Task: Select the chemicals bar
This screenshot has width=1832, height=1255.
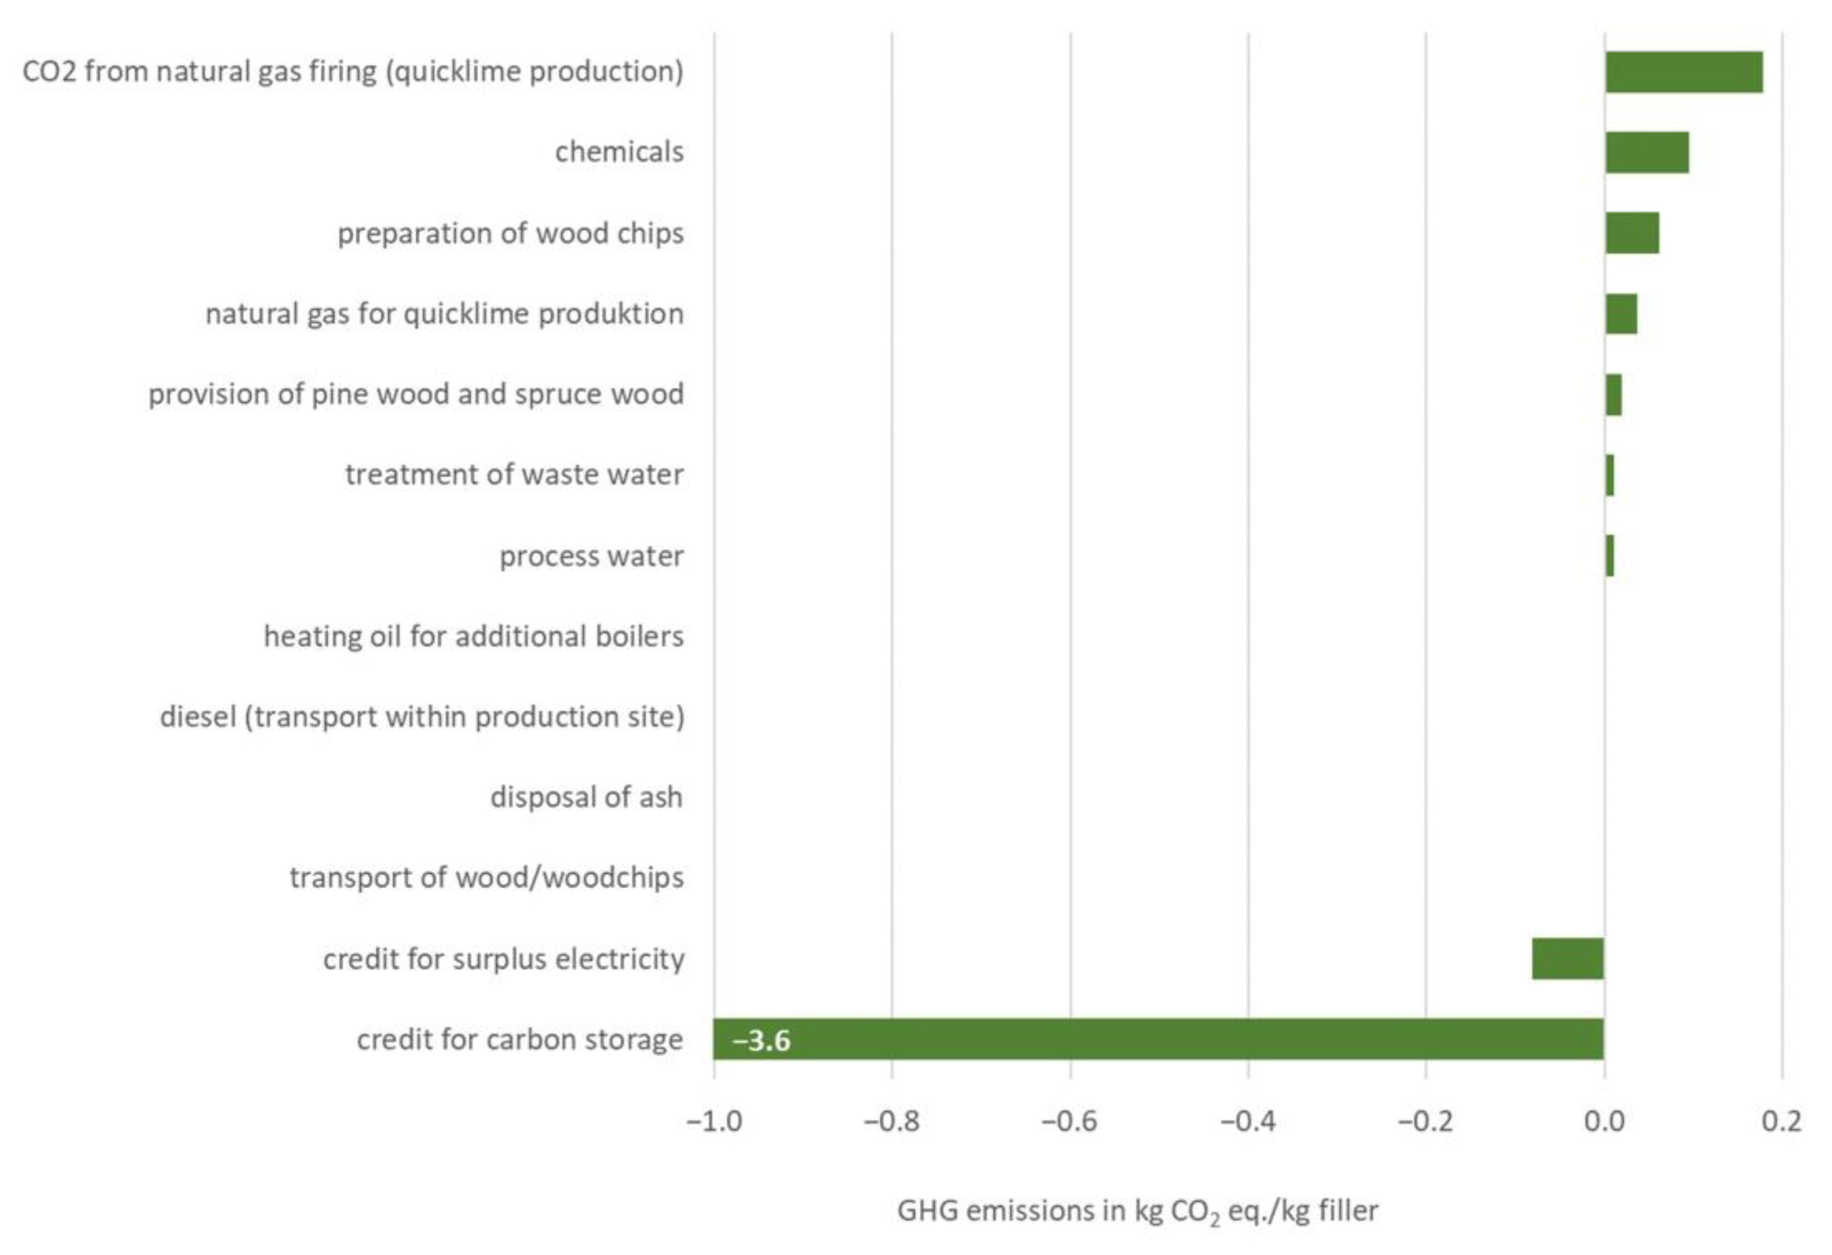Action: [x=1647, y=152]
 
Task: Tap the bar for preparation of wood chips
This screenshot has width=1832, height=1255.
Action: [x=1632, y=233]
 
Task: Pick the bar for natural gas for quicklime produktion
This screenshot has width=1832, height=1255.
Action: [x=1621, y=314]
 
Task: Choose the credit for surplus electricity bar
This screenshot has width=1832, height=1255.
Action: [x=1568, y=959]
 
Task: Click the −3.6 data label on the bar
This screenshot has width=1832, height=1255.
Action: [x=762, y=1041]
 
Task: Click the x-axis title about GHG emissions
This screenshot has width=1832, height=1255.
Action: [x=1137, y=1211]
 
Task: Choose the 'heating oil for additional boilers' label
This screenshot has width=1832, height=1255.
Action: [x=474, y=636]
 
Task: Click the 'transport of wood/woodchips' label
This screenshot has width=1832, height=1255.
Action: [x=486, y=878]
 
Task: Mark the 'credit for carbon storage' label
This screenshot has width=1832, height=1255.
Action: [x=520, y=1040]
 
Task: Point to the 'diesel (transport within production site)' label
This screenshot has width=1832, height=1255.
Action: [x=422, y=716]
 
